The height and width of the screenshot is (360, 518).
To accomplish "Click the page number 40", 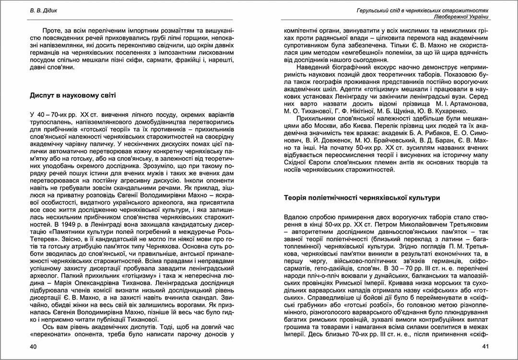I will pos(33,346).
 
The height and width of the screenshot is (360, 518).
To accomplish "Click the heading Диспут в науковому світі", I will pos(73,95).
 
